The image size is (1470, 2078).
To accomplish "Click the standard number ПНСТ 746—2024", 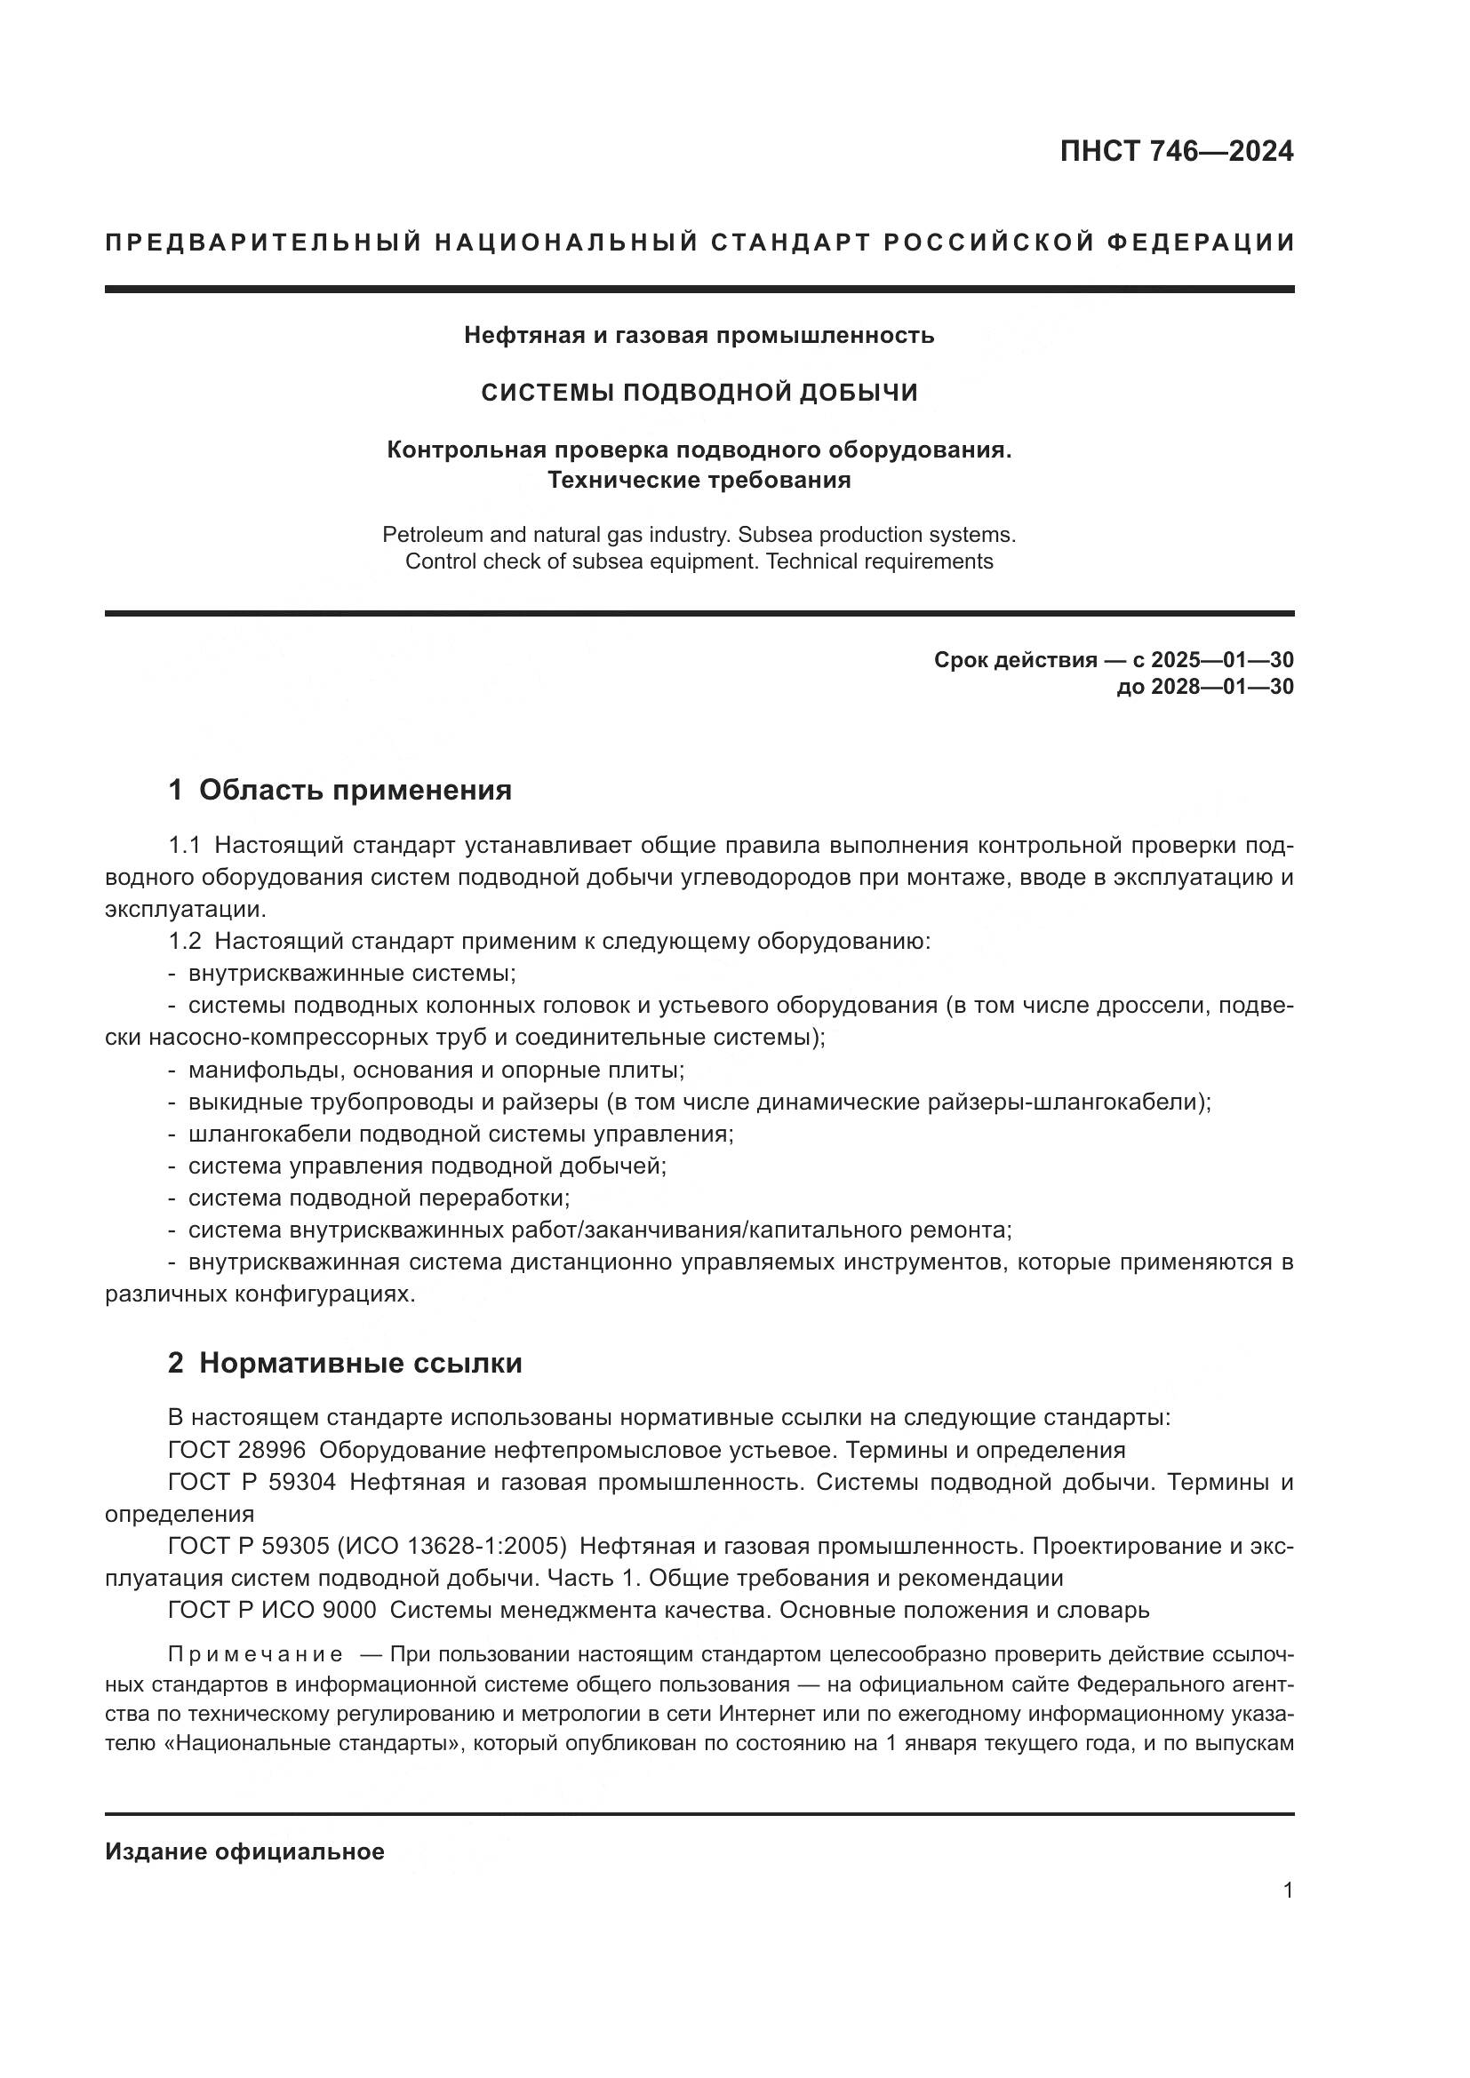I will (1176, 151).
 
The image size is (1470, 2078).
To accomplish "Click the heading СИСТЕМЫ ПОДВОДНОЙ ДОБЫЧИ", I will (699, 392).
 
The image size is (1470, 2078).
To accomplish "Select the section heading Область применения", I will (355, 790).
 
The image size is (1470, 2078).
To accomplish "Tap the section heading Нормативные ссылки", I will (360, 1363).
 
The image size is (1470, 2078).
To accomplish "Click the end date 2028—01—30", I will (1222, 687).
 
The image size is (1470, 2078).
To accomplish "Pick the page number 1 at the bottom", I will (1288, 1891).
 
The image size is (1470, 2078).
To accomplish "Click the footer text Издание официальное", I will (244, 1851).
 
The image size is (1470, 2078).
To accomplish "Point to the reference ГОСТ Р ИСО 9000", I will (272, 1611).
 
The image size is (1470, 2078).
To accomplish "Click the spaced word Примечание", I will (255, 1655).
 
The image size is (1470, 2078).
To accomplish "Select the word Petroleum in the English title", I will (431, 535).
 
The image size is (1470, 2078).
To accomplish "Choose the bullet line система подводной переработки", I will (379, 1198).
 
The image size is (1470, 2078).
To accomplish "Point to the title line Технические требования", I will (699, 480).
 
